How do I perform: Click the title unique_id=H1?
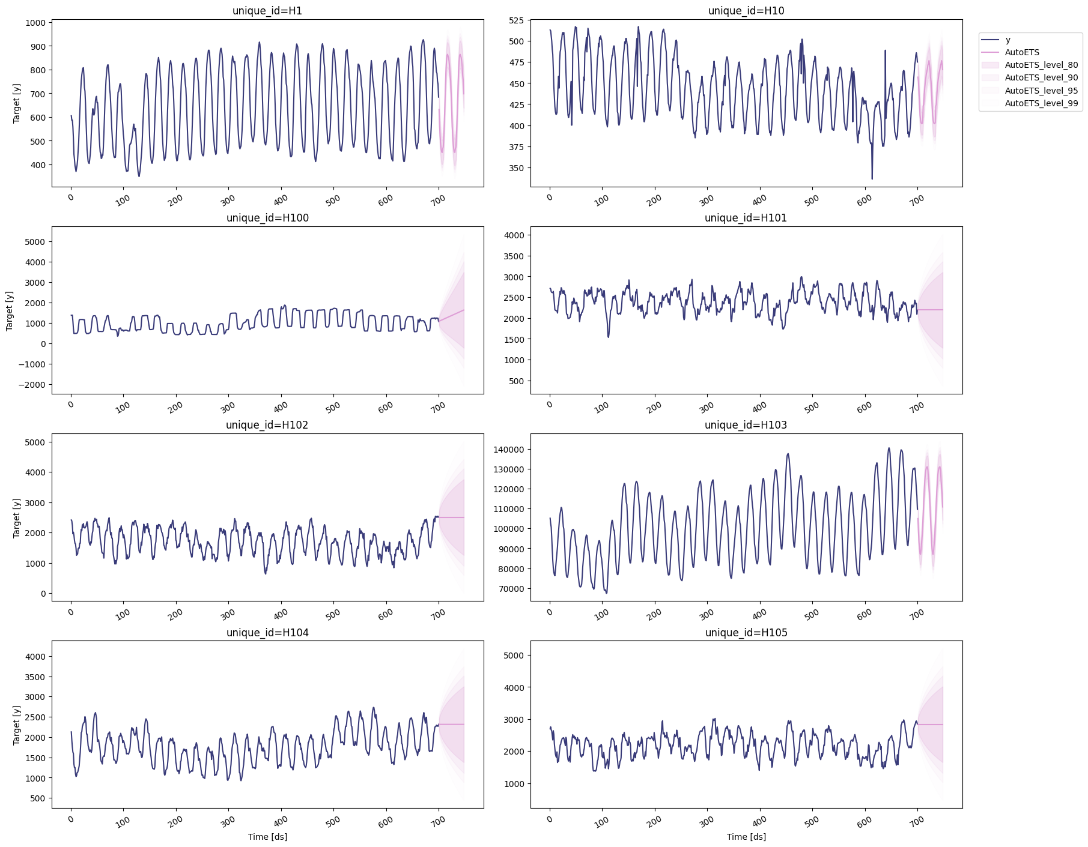click(x=267, y=11)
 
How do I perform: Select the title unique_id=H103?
click(x=746, y=425)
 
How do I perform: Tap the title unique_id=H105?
click(x=746, y=633)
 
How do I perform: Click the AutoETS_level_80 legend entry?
click(x=1041, y=65)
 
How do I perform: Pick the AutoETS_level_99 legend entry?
click(x=1041, y=103)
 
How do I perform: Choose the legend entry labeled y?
click(x=1007, y=40)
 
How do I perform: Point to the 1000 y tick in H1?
click(x=35, y=23)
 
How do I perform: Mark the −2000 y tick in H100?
click(x=28, y=385)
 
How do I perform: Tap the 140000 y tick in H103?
click(x=508, y=450)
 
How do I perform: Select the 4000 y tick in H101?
click(x=514, y=235)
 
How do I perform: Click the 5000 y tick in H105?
click(x=514, y=656)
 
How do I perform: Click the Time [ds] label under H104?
click(x=267, y=837)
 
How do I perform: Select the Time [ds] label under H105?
click(x=746, y=837)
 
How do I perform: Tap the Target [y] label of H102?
click(x=17, y=517)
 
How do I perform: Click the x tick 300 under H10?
click(x=707, y=200)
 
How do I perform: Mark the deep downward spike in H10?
click(x=872, y=178)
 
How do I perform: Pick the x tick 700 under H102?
click(x=438, y=614)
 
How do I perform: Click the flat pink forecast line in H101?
click(x=931, y=310)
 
